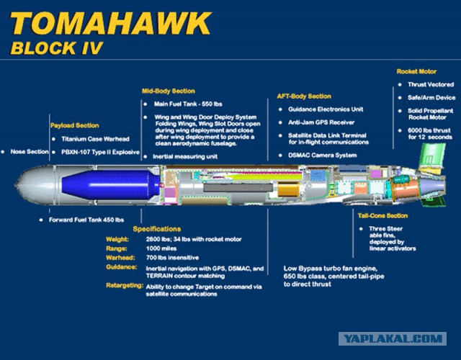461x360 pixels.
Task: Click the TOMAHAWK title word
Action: (111, 24)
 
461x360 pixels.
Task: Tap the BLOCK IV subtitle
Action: (57, 48)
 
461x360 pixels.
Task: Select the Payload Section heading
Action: (75, 125)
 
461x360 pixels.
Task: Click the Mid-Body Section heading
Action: (169, 91)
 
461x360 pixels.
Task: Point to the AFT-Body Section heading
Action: (304, 96)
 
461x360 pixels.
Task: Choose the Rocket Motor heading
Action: (416, 71)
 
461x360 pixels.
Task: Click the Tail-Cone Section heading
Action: (382, 216)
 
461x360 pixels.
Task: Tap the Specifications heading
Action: (157, 229)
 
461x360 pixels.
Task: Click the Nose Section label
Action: (30, 152)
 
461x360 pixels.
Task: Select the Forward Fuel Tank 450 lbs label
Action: (86, 220)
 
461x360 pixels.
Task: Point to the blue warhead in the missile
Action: (111, 185)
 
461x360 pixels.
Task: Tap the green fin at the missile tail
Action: (431, 156)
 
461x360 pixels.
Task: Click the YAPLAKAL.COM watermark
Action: (393, 339)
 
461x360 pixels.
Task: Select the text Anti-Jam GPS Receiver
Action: (321, 122)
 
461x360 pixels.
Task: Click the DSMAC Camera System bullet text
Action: (323, 156)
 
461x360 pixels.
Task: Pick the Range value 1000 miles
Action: (161, 248)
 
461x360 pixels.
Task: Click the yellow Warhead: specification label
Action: (120, 258)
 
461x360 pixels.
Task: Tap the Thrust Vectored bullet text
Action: (431, 85)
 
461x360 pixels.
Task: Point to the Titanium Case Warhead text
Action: (95, 139)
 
